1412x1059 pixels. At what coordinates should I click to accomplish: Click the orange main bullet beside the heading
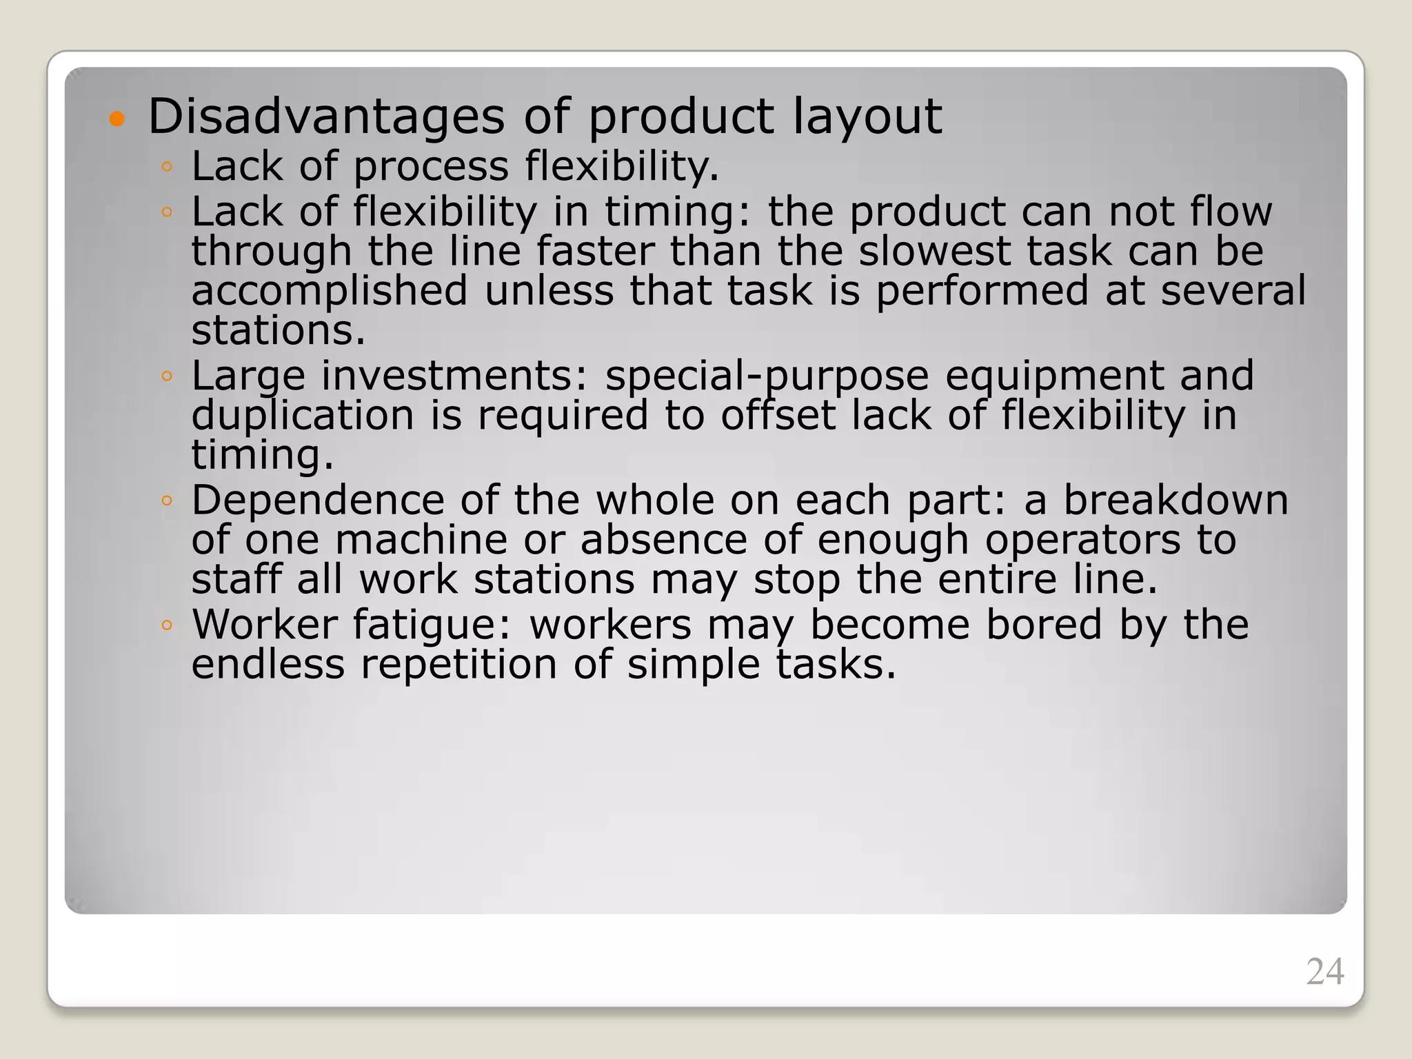[x=117, y=119]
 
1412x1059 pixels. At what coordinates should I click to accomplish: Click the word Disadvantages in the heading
[x=326, y=117]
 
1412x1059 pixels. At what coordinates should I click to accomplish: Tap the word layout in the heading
[x=867, y=117]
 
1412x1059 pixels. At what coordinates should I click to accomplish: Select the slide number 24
[x=1324, y=972]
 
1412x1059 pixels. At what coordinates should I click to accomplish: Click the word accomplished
[x=330, y=290]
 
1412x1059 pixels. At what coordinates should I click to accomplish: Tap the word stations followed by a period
[x=277, y=330]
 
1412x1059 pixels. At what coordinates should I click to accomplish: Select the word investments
[x=455, y=376]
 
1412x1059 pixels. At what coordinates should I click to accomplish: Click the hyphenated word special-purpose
[x=767, y=376]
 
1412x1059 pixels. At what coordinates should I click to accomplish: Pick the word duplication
[x=303, y=416]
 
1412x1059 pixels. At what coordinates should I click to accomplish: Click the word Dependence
[x=318, y=500]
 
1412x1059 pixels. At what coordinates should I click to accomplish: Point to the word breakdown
[x=1176, y=500]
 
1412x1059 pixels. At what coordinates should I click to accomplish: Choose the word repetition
[x=458, y=665]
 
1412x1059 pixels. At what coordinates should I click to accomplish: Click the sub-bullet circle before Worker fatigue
[x=166, y=626]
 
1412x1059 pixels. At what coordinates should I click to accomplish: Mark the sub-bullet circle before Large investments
[x=166, y=377]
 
